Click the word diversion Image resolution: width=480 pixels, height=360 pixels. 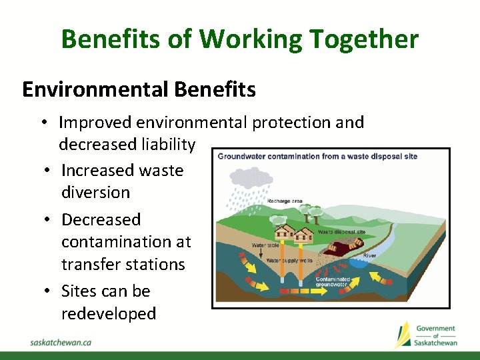tap(95, 192)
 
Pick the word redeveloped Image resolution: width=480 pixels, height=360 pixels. tap(109, 313)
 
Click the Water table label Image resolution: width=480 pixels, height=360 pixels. tap(261, 245)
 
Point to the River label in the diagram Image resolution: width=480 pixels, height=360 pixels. tap(369, 256)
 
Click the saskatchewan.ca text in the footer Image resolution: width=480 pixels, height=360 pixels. tap(61, 341)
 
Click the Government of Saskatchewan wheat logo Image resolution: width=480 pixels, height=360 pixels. tap(403, 334)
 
